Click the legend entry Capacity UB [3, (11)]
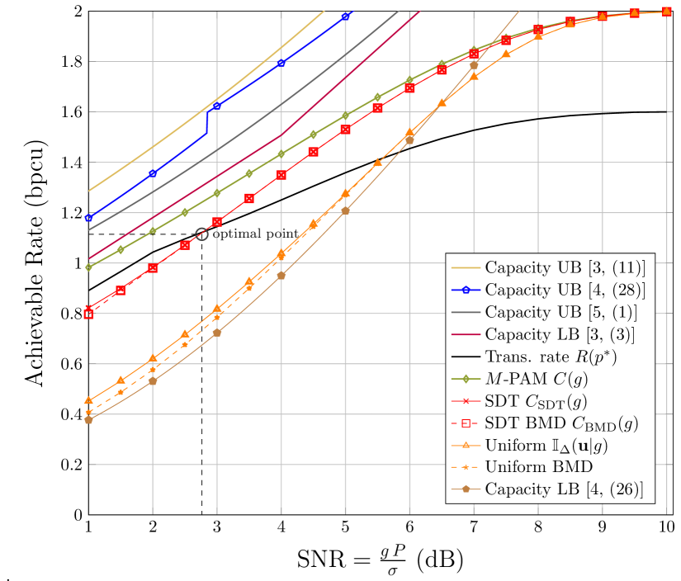pos(565,268)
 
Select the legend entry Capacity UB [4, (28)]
pos(565,290)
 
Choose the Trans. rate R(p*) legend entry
pos(551,357)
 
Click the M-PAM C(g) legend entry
pos(547,380)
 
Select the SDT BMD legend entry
pos(561,424)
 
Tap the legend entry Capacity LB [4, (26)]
pos(564,489)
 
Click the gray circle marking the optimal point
pos(202,234)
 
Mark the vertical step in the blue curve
pos(206,121)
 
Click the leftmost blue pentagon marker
pos(88,218)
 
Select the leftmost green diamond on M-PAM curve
pos(88,267)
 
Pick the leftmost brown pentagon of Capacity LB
pos(88,420)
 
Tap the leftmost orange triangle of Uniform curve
pos(88,401)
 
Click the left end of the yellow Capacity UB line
pos(89,191)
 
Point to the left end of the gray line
pos(89,229)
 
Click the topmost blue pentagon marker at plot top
pos(345,16)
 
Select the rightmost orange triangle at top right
pos(666,11)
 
